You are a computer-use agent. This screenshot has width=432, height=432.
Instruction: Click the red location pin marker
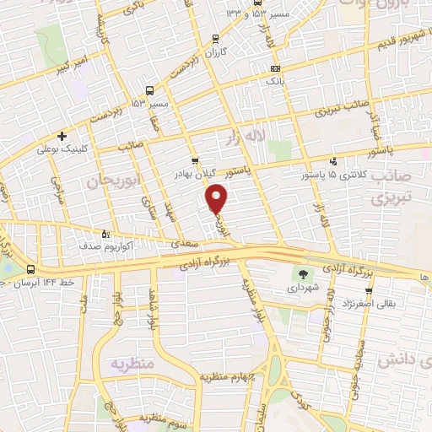click(x=218, y=199)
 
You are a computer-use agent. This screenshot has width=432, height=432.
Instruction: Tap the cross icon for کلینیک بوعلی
click(x=62, y=135)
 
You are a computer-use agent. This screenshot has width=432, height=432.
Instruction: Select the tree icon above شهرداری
click(x=303, y=273)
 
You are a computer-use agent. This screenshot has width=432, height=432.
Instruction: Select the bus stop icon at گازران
click(x=216, y=38)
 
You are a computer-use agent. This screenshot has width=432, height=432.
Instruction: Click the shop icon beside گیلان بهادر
click(x=195, y=159)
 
